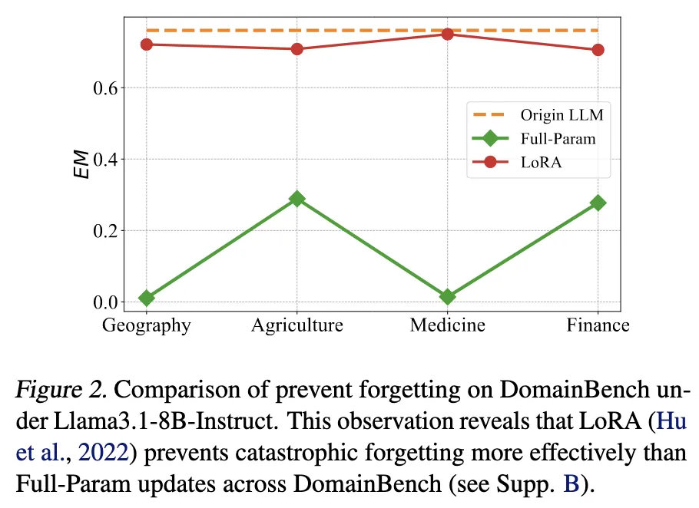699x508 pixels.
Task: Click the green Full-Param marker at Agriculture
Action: click(296, 199)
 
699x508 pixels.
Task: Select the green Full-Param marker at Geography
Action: click(146, 297)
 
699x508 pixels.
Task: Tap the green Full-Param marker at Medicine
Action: click(447, 296)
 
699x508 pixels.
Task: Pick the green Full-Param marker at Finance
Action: click(598, 203)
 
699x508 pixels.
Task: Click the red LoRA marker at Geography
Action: click(146, 45)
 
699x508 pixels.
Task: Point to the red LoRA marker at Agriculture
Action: click(296, 49)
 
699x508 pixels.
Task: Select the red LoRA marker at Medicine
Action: click(447, 35)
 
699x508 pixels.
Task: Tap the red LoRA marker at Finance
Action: click(598, 50)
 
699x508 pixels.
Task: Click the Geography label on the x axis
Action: click(146, 325)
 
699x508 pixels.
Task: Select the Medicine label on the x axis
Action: click(447, 325)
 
